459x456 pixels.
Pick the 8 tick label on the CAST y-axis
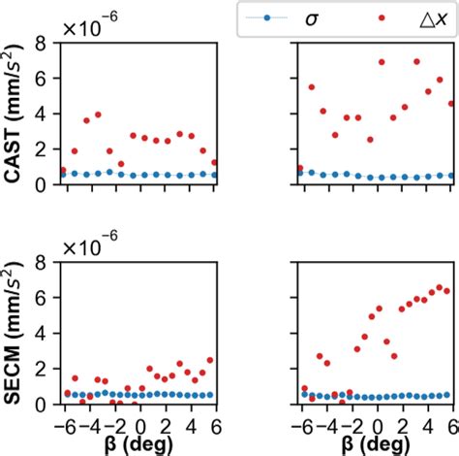click(x=42, y=43)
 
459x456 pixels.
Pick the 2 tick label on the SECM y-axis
click(x=42, y=369)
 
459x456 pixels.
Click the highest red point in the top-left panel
click(x=98, y=114)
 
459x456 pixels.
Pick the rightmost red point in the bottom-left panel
click(x=210, y=360)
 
